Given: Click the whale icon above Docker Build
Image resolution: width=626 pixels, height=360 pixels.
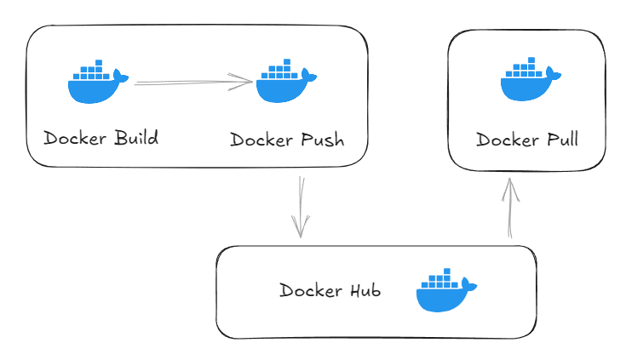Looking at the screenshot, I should (x=97, y=83).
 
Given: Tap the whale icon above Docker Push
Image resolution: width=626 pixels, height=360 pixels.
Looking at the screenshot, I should (x=285, y=83).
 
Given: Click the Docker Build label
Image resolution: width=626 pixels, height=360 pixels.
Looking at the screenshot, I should (x=101, y=138).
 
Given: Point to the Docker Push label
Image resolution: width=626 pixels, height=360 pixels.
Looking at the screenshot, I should (x=287, y=140).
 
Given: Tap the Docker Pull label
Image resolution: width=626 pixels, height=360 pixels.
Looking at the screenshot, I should (x=526, y=140).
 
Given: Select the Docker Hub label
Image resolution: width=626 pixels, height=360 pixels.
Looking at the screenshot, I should (x=330, y=290).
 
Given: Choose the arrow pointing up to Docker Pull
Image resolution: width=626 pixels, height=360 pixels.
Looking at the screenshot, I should (x=509, y=208).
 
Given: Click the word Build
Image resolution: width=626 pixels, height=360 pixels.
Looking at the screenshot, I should (x=136, y=138).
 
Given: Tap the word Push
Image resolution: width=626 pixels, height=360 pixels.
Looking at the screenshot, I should (x=323, y=140).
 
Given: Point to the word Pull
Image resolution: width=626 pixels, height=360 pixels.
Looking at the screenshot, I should (x=562, y=140).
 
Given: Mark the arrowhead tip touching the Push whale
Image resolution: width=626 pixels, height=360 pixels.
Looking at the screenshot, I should (x=251, y=82).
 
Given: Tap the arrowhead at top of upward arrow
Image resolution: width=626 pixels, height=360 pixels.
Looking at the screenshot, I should (x=509, y=181).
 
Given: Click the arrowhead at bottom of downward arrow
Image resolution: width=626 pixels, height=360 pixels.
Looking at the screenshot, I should (x=301, y=234).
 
